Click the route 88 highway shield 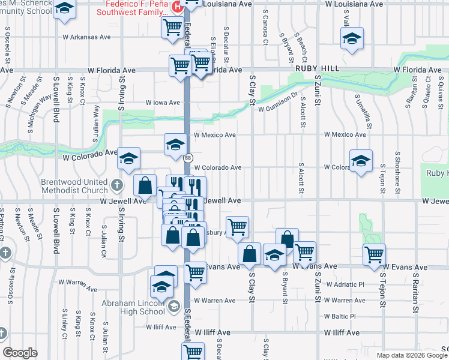point(188,158)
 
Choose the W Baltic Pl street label point(340,316)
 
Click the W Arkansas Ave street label point(88,37)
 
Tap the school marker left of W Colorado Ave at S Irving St point(128,158)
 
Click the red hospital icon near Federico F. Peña point(176,7)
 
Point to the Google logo point(20,353)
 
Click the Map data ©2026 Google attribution point(412,355)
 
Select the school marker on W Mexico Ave point(175,144)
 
